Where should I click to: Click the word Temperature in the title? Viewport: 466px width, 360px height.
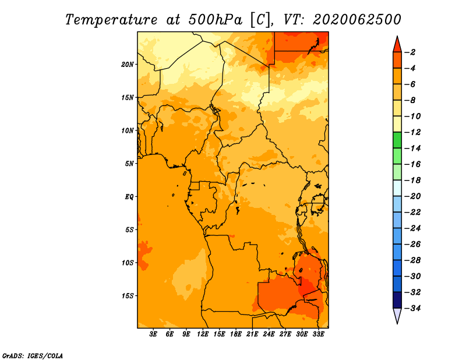point(111,20)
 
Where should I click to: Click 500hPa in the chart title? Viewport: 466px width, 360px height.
point(215,20)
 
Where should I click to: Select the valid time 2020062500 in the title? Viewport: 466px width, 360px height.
point(357,20)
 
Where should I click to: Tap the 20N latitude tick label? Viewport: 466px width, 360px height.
point(128,65)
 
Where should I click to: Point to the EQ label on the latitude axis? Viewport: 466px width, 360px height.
point(129,197)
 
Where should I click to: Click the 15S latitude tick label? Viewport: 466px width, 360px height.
point(128,296)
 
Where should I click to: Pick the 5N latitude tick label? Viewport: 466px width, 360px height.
point(129,164)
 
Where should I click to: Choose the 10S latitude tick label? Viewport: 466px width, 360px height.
point(128,263)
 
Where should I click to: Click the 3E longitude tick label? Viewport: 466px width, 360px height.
point(153,334)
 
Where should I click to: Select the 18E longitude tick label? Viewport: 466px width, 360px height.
point(236,334)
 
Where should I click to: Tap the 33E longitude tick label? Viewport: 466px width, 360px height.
point(318,334)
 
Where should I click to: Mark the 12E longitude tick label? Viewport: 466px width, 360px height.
point(203,334)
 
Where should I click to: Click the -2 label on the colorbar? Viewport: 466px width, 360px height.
point(411,52)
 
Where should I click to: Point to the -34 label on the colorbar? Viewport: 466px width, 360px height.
point(413,308)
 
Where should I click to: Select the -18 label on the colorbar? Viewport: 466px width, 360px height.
point(413,180)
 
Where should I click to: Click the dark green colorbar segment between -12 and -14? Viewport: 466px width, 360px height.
point(397,140)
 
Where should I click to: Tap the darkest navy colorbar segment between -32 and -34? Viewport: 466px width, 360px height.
point(397,300)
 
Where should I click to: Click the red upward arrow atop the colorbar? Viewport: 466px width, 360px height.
point(397,45)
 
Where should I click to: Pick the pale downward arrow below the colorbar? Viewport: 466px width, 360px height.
point(397,315)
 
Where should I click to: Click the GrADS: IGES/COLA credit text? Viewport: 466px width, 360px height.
point(33,355)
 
